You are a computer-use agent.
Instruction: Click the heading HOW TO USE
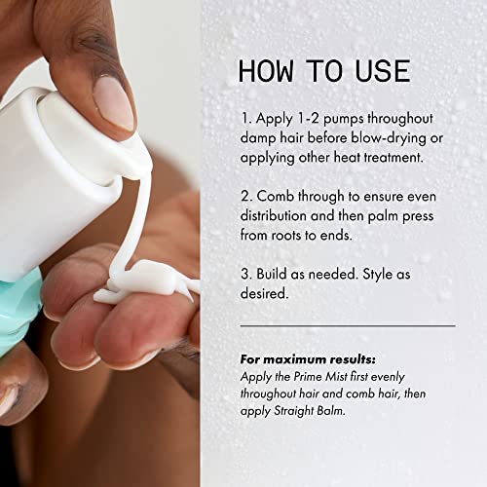coord(324,70)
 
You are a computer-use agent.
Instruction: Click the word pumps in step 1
coord(344,119)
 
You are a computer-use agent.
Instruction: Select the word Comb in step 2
coord(276,196)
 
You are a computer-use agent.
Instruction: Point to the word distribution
coord(274,215)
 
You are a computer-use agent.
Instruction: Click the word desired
coord(264,293)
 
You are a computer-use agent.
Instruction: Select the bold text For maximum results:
coord(308,359)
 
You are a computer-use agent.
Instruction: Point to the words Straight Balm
coord(309,411)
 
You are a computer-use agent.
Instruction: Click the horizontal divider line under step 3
coord(348,325)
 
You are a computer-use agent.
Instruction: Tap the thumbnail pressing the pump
coord(114,103)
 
